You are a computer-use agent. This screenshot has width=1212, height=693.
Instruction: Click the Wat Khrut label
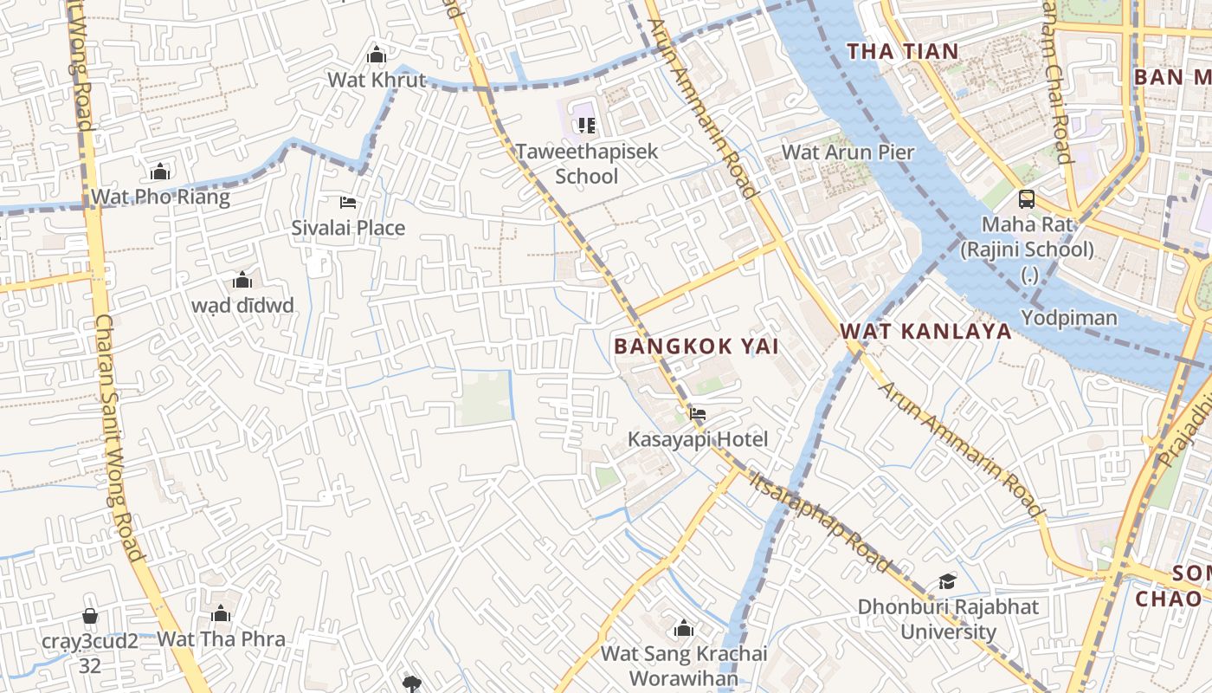tap(377, 80)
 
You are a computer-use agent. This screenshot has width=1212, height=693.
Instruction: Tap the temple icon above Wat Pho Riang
tap(160, 172)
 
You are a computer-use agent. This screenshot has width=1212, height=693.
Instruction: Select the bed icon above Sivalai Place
tap(347, 203)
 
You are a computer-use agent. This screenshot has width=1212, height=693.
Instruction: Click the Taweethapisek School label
tap(587, 163)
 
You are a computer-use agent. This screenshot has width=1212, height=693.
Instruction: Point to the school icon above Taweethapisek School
tap(587, 126)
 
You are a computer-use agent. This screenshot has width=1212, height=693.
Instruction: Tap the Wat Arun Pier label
tap(848, 152)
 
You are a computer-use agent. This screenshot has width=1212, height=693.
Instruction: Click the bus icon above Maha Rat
tap(1027, 198)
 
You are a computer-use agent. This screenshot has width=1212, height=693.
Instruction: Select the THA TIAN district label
tap(903, 51)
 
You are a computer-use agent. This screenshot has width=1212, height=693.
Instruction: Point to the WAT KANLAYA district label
tap(925, 331)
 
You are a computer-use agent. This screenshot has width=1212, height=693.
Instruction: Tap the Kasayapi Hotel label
tap(697, 439)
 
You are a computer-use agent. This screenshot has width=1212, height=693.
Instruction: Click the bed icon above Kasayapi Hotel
tap(697, 413)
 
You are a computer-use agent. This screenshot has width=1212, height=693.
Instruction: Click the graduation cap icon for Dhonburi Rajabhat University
tap(948, 581)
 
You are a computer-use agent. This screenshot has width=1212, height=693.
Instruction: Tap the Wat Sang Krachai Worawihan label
tap(684, 664)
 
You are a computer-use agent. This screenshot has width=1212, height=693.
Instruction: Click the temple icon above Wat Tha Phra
tap(221, 614)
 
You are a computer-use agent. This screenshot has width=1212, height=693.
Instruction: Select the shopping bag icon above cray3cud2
tap(90, 616)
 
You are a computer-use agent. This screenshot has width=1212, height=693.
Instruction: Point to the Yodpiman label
tap(1069, 318)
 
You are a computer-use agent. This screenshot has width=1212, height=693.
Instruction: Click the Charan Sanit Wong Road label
tap(119, 437)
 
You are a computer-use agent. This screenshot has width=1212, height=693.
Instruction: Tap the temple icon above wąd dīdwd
tap(242, 280)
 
